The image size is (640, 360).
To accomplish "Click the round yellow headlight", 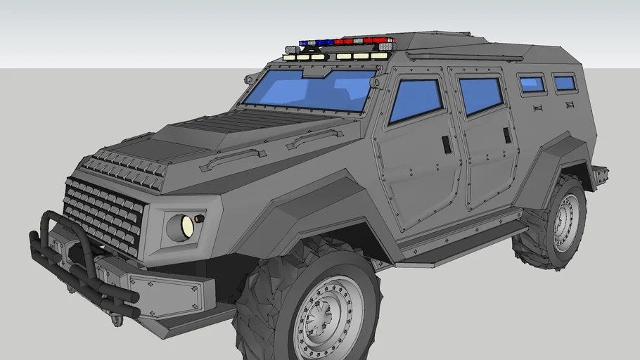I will [187, 226].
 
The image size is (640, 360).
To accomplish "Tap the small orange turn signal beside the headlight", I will [199, 219].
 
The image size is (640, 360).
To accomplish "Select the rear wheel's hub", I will [567, 221].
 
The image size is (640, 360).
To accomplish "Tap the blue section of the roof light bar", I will [316, 43].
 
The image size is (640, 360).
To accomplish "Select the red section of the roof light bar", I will [365, 41].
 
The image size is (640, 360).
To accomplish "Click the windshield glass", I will [309, 89].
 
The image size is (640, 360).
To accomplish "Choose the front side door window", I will [416, 100].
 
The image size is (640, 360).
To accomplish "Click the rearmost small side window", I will [565, 83].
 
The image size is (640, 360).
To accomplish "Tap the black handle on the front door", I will [447, 144].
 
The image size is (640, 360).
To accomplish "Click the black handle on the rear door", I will [507, 135].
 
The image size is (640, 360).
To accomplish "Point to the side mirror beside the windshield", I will [378, 82].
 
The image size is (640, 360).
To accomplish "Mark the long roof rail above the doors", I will [464, 54].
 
